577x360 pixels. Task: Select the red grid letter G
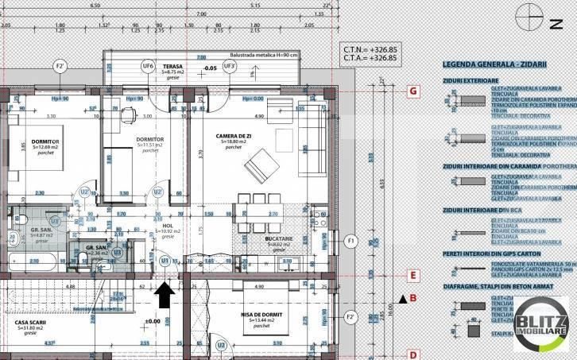click(412, 91)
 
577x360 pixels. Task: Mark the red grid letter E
click(412, 277)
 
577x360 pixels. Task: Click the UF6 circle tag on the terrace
click(147, 66)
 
